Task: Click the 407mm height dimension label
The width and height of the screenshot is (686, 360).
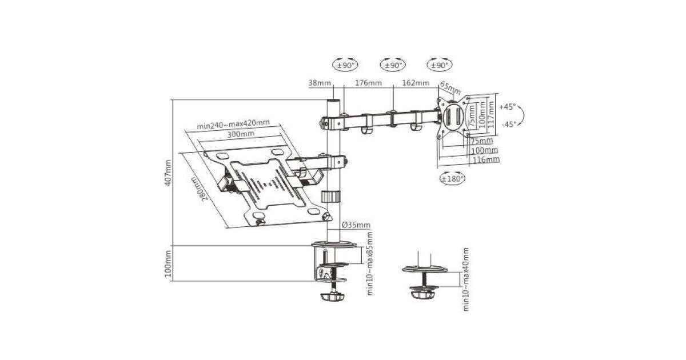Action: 168,173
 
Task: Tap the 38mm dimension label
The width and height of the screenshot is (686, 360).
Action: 320,83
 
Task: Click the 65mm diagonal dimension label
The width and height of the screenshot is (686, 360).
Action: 450,88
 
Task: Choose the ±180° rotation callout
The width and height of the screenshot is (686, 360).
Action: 452,179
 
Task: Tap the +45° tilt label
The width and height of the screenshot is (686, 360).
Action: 508,107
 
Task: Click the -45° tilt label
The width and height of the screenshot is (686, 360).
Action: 509,125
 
